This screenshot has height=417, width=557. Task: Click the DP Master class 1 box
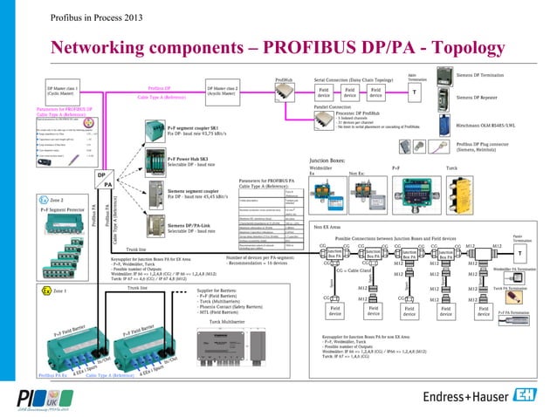[63, 92]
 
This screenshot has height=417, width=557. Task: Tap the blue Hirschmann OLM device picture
[443, 124]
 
